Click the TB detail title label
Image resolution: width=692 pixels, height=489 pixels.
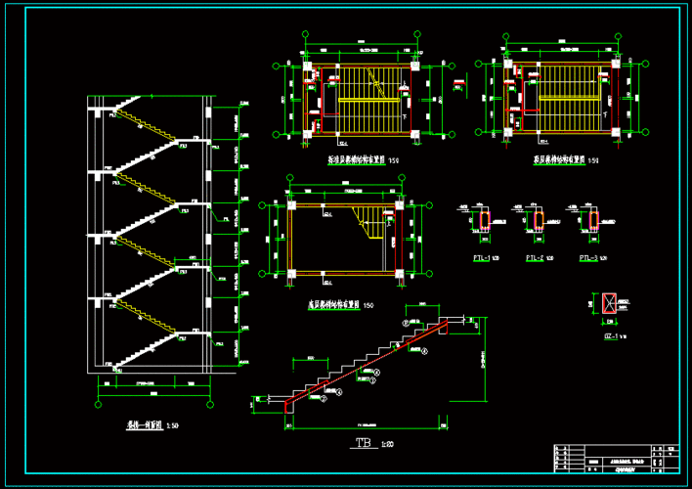(x=363, y=446)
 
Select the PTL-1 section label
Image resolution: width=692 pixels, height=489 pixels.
(x=481, y=258)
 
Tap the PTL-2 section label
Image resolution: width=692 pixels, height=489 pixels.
(x=534, y=258)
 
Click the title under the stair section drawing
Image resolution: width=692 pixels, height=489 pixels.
(x=145, y=425)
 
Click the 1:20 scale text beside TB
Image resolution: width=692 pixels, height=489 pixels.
(x=387, y=446)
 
